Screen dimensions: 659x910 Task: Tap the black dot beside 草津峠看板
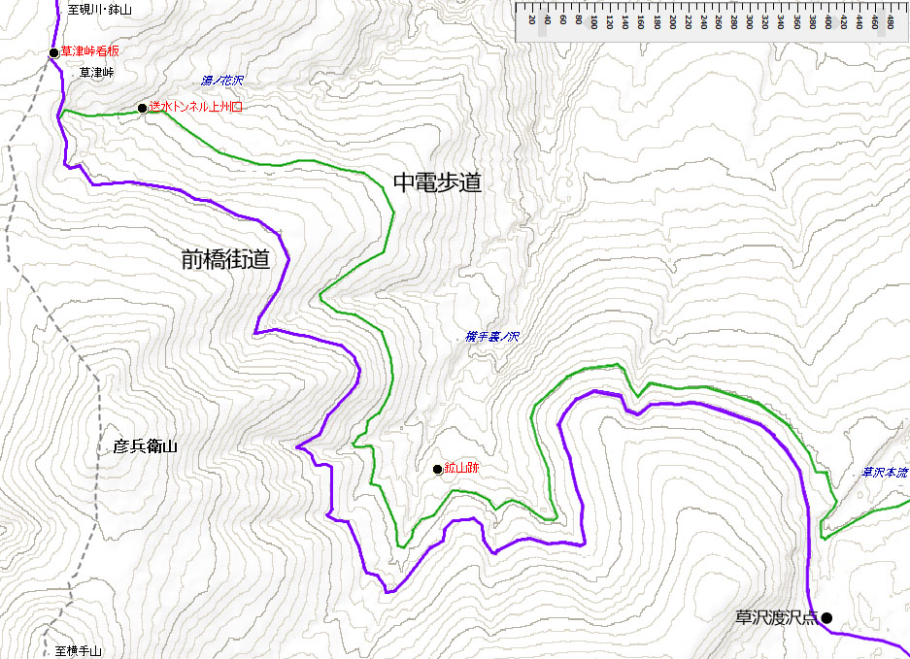click(x=54, y=53)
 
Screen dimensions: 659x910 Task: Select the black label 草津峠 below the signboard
click(x=96, y=73)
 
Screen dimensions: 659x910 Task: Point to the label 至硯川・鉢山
click(x=100, y=10)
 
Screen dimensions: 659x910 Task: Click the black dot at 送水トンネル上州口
click(x=143, y=108)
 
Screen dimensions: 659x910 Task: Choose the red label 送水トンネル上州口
click(x=195, y=108)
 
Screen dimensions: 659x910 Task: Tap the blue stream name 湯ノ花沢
click(x=222, y=81)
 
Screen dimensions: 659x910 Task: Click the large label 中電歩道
click(x=437, y=182)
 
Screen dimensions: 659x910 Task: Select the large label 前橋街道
click(x=224, y=259)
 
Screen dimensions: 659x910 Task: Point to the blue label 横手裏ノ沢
click(x=492, y=337)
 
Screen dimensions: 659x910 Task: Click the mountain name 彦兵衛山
click(x=146, y=446)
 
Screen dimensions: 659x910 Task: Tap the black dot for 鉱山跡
click(x=438, y=470)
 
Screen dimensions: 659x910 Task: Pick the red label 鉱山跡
click(x=462, y=469)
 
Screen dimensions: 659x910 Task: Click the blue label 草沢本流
click(x=885, y=473)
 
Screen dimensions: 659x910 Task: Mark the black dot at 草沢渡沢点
click(x=826, y=617)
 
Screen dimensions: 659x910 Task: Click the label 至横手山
click(x=78, y=651)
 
